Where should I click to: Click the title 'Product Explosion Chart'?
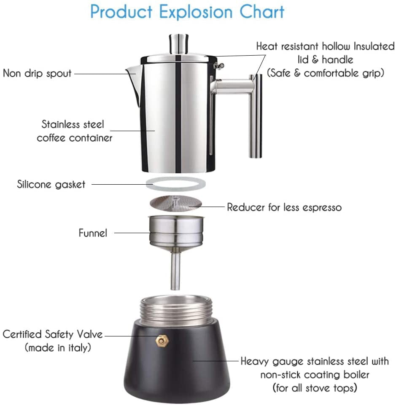coord(187,12)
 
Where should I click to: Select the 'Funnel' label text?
coord(93,233)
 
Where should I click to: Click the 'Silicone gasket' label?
coord(51,184)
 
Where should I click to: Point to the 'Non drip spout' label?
coord(38,73)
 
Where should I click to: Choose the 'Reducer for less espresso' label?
coord(284,207)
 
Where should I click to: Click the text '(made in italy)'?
coord(58,348)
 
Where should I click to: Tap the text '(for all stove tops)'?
coord(315,387)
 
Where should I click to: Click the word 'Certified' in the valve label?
coord(23,334)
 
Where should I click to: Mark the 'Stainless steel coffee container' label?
coord(74,131)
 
